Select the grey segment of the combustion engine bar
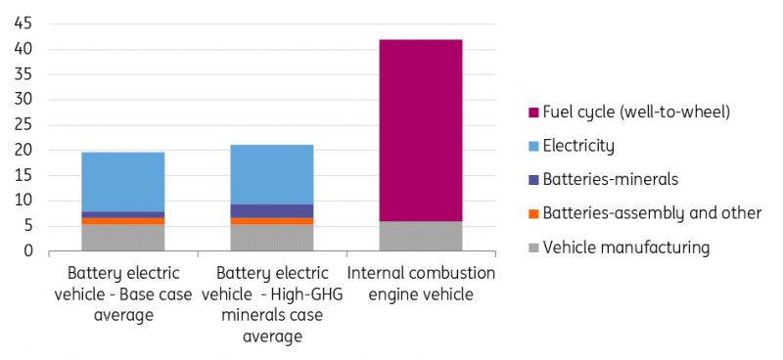[421, 236]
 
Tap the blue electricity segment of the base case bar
[122, 182]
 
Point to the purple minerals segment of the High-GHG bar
[271, 211]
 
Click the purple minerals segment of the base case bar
[122, 214]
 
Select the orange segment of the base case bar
[122, 221]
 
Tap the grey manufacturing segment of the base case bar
[122, 238]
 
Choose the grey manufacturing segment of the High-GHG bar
[271, 238]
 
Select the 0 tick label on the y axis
[29, 251]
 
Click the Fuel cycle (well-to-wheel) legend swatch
[530, 112]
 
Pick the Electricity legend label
[578, 147]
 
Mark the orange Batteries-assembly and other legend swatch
[530, 213]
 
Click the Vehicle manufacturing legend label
[625, 247]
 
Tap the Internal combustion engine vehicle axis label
[421, 283]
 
